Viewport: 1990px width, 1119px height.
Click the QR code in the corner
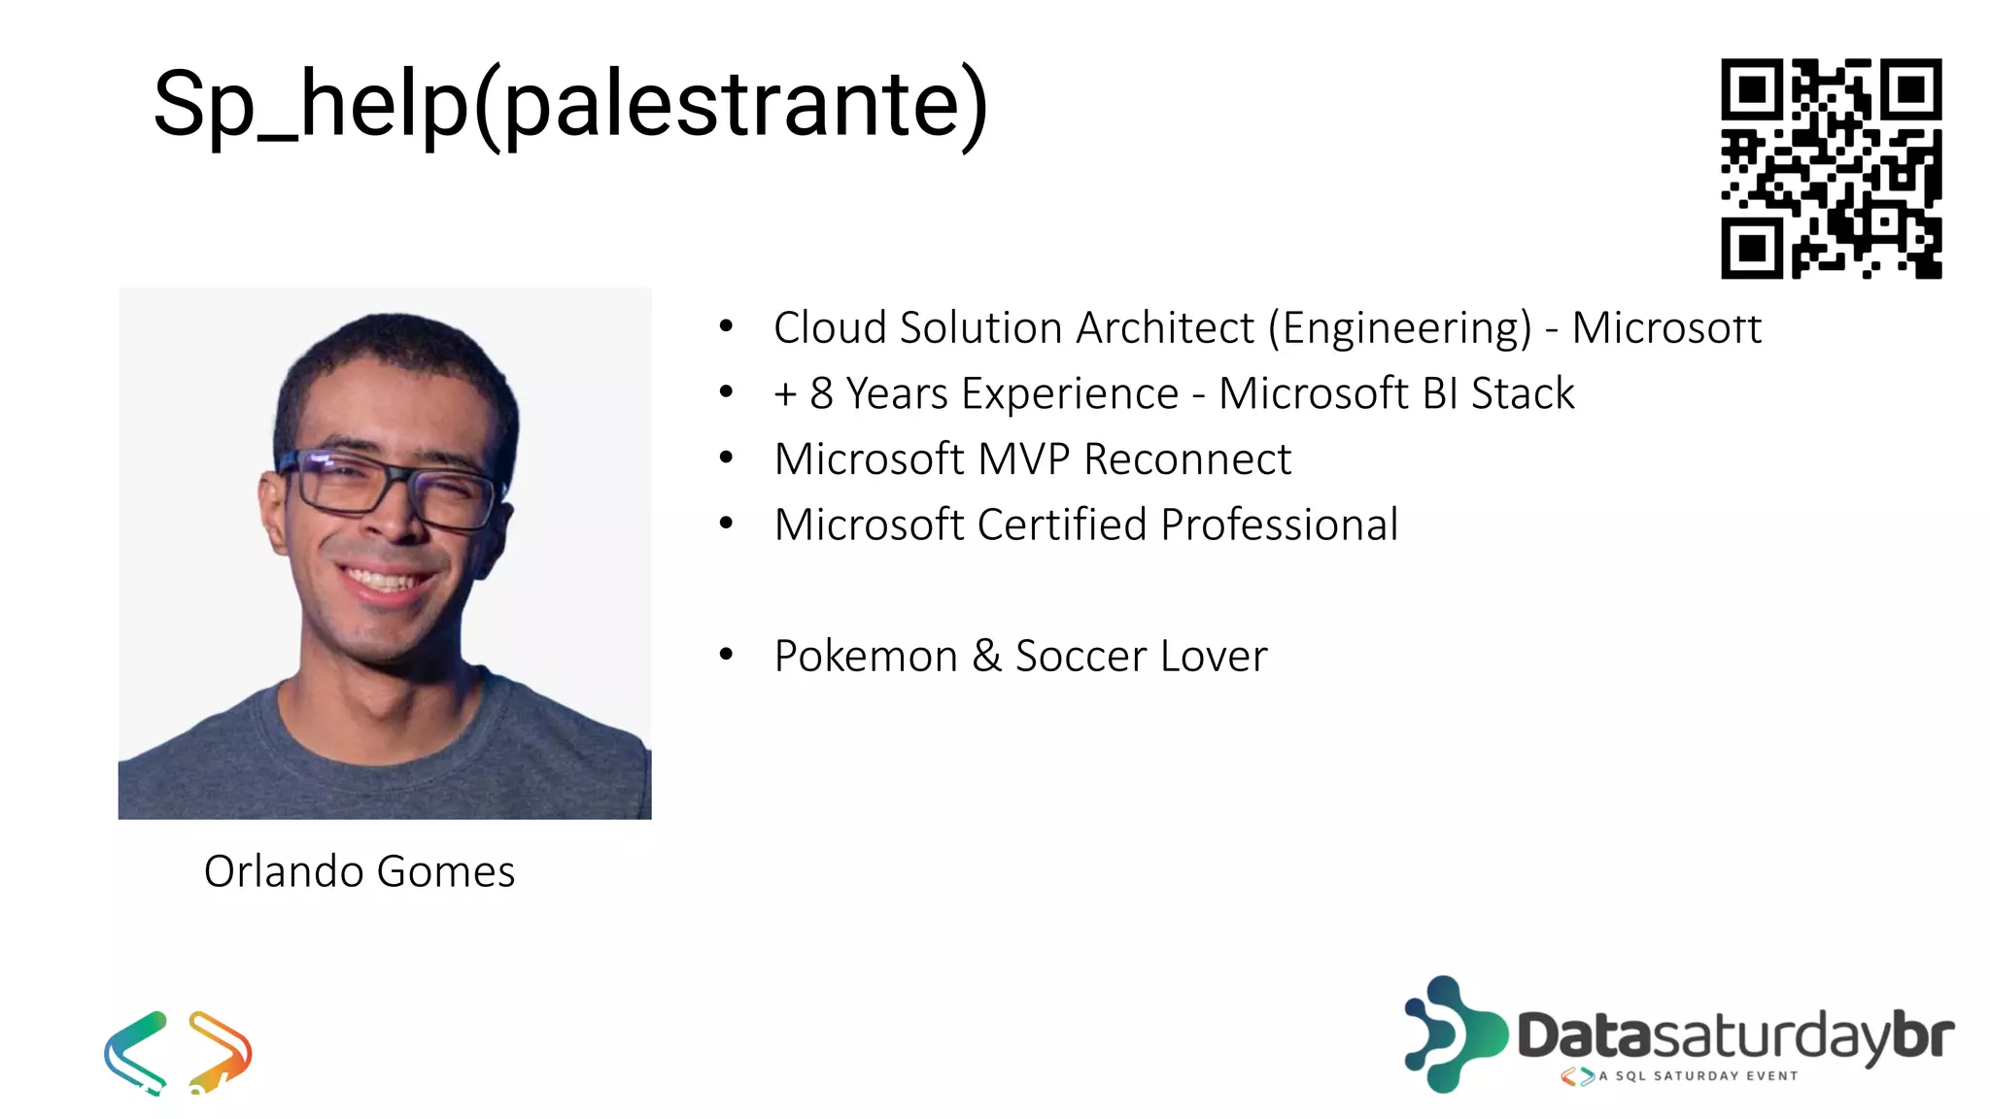tap(1831, 168)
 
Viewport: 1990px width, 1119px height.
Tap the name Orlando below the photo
tap(284, 871)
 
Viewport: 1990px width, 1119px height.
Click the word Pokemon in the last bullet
tap(865, 657)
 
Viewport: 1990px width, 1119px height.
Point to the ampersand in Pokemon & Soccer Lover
tap(986, 656)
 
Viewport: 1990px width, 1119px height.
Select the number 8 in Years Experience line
tap(821, 394)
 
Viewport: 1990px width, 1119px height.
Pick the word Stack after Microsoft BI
tap(1522, 394)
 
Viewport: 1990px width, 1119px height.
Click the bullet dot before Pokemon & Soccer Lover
tap(726, 654)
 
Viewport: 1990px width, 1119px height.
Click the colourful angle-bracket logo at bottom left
tap(178, 1051)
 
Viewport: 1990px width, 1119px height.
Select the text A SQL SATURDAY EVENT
tap(1698, 1076)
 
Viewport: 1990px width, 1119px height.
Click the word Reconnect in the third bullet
tap(1186, 459)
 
